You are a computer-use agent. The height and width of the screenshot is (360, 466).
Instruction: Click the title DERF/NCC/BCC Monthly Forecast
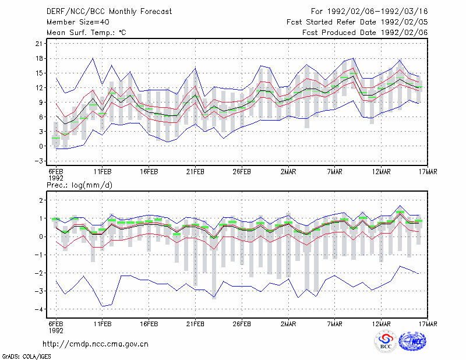coord(109,12)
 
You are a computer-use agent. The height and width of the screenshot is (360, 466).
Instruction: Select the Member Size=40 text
coord(78,22)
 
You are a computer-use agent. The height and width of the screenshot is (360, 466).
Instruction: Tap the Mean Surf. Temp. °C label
coord(86,33)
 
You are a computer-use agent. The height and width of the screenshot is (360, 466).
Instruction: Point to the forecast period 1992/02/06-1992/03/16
coord(377,12)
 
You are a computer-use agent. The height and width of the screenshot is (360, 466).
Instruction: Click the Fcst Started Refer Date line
coord(357,22)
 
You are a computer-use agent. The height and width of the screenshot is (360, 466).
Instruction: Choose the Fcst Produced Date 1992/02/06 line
coord(365,33)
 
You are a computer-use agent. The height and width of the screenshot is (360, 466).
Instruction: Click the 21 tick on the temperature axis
coord(39,44)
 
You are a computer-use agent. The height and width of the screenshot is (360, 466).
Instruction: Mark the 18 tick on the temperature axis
coord(39,58)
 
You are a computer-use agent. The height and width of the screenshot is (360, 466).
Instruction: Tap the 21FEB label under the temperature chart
coord(195,172)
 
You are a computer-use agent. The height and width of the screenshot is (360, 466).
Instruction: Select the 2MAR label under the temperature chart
coord(288,172)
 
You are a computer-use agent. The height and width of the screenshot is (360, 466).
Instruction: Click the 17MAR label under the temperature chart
coord(428,172)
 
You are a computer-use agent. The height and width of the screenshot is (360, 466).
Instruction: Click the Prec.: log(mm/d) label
coord(79,185)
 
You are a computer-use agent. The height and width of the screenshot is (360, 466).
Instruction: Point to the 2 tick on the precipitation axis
coord(41,200)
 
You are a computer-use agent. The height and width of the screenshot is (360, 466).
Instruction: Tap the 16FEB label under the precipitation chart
coord(149,324)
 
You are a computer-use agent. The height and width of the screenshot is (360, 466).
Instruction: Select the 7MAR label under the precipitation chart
coord(334,324)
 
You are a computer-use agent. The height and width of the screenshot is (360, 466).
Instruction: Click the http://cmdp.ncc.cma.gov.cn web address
coord(96,344)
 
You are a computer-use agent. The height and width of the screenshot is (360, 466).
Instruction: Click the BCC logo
coord(386,342)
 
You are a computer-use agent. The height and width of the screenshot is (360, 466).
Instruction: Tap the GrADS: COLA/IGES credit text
coord(26,357)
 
